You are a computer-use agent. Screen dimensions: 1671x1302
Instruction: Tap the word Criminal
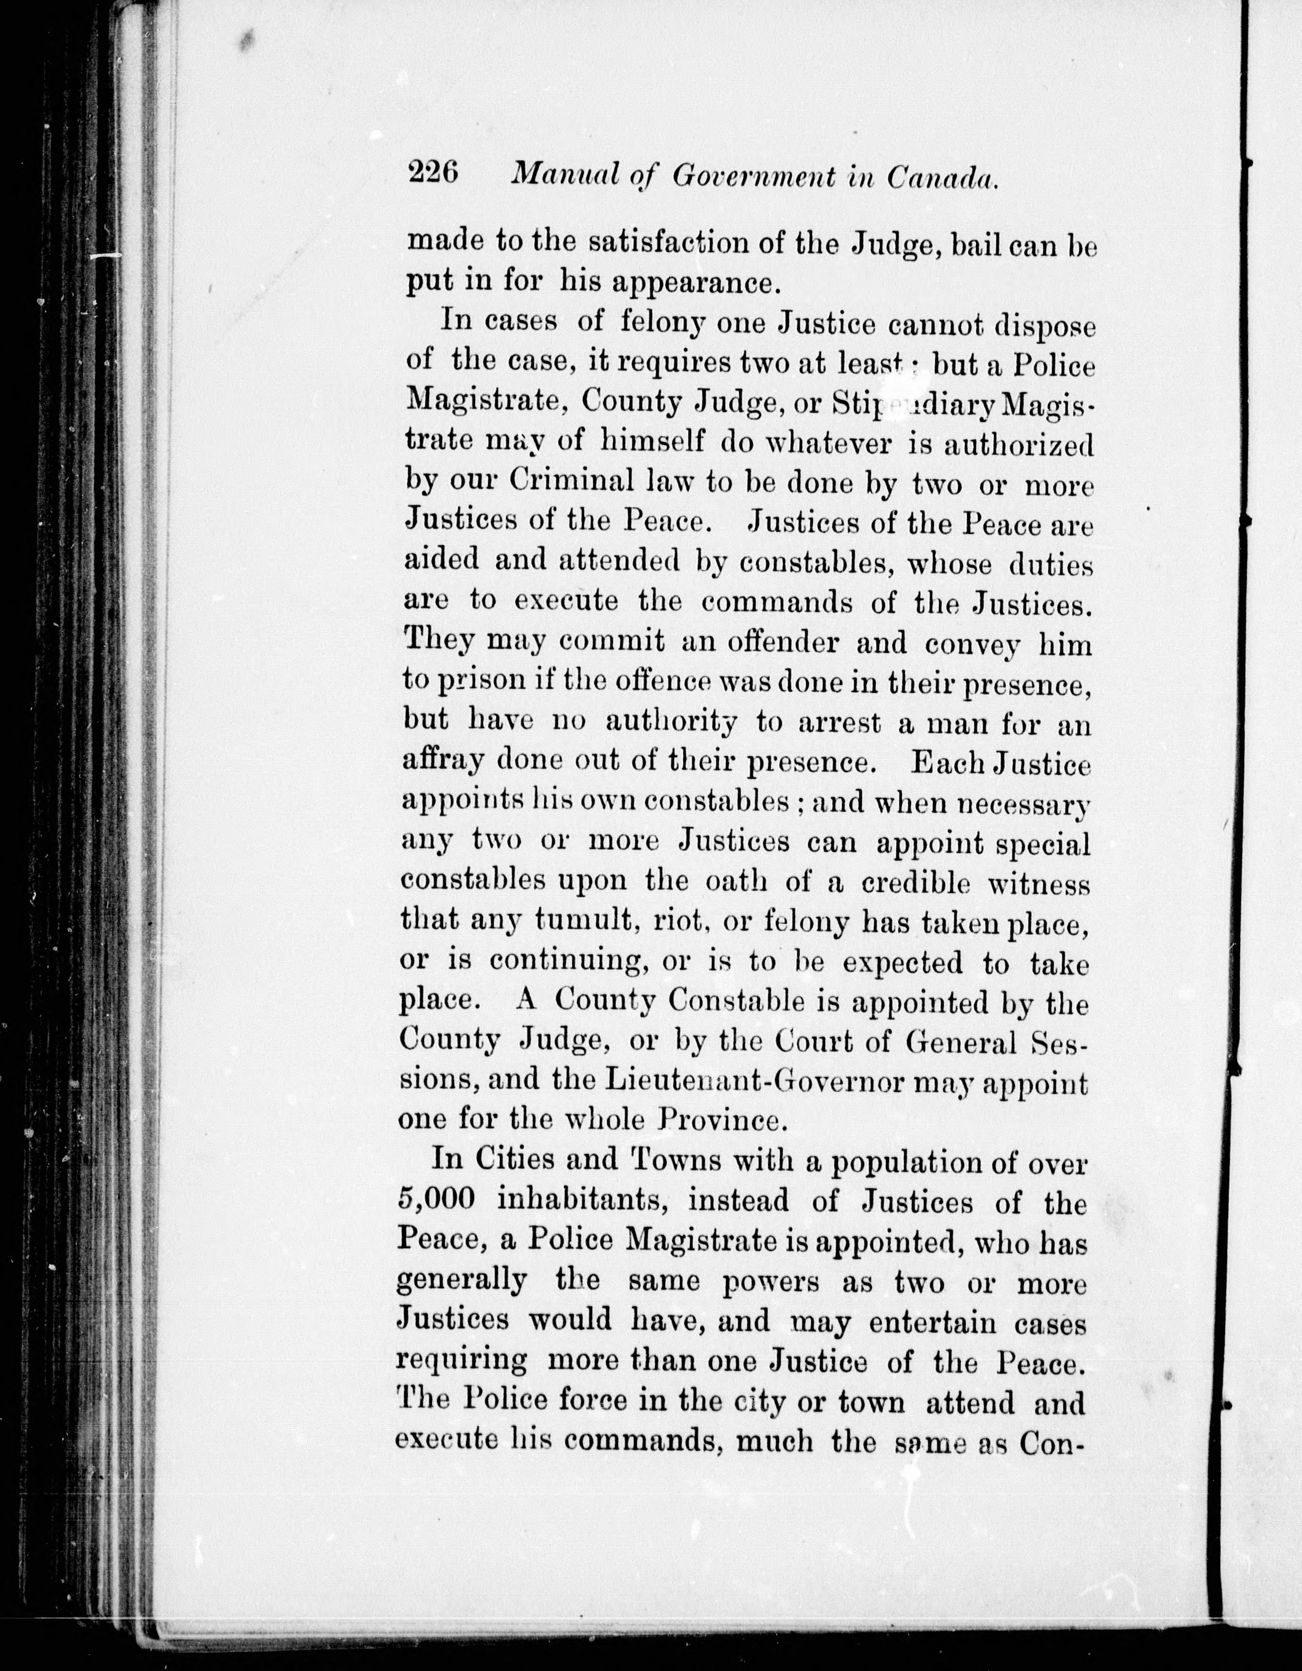click(x=570, y=482)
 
